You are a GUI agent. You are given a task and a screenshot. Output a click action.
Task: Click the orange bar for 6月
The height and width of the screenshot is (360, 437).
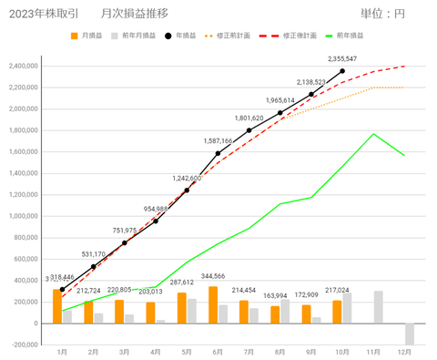click(213, 304)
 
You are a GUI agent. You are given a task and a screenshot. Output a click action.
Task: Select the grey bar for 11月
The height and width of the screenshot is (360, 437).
click(378, 307)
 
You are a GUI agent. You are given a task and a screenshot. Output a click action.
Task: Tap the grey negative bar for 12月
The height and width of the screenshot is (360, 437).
click(409, 334)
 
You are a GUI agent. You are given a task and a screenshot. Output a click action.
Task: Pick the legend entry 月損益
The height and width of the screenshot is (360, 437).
click(89, 36)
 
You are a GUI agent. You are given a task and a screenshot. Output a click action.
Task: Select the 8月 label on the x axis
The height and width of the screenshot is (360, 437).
click(279, 351)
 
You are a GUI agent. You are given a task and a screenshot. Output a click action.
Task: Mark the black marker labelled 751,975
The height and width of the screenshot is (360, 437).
click(125, 242)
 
